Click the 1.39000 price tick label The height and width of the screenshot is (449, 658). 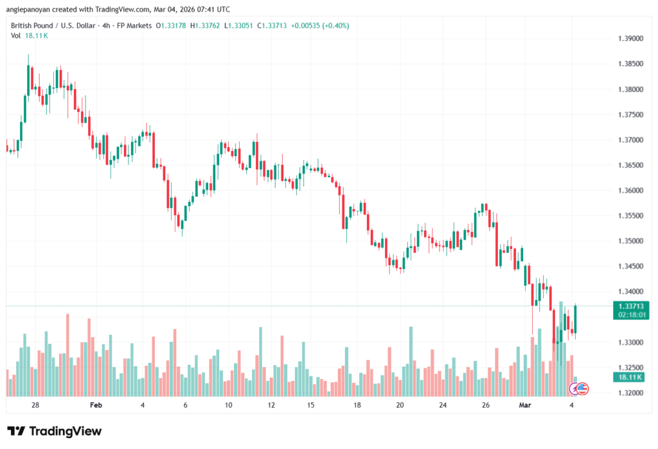click(x=629, y=39)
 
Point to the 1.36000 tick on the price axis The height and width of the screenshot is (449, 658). click(x=629, y=191)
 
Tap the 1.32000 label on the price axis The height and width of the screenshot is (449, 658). click(x=629, y=393)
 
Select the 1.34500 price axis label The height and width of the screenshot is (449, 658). click(x=629, y=267)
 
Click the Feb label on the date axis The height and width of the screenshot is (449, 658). click(x=96, y=405)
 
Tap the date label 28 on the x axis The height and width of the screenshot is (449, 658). click(x=35, y=405)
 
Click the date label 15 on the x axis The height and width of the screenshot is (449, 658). click(x=311, y=405)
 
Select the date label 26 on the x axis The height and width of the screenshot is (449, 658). click(x=486, y=405)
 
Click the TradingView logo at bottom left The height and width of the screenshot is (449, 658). click(x=54, y=431)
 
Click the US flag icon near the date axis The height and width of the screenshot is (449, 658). click(x=582, y=388)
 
